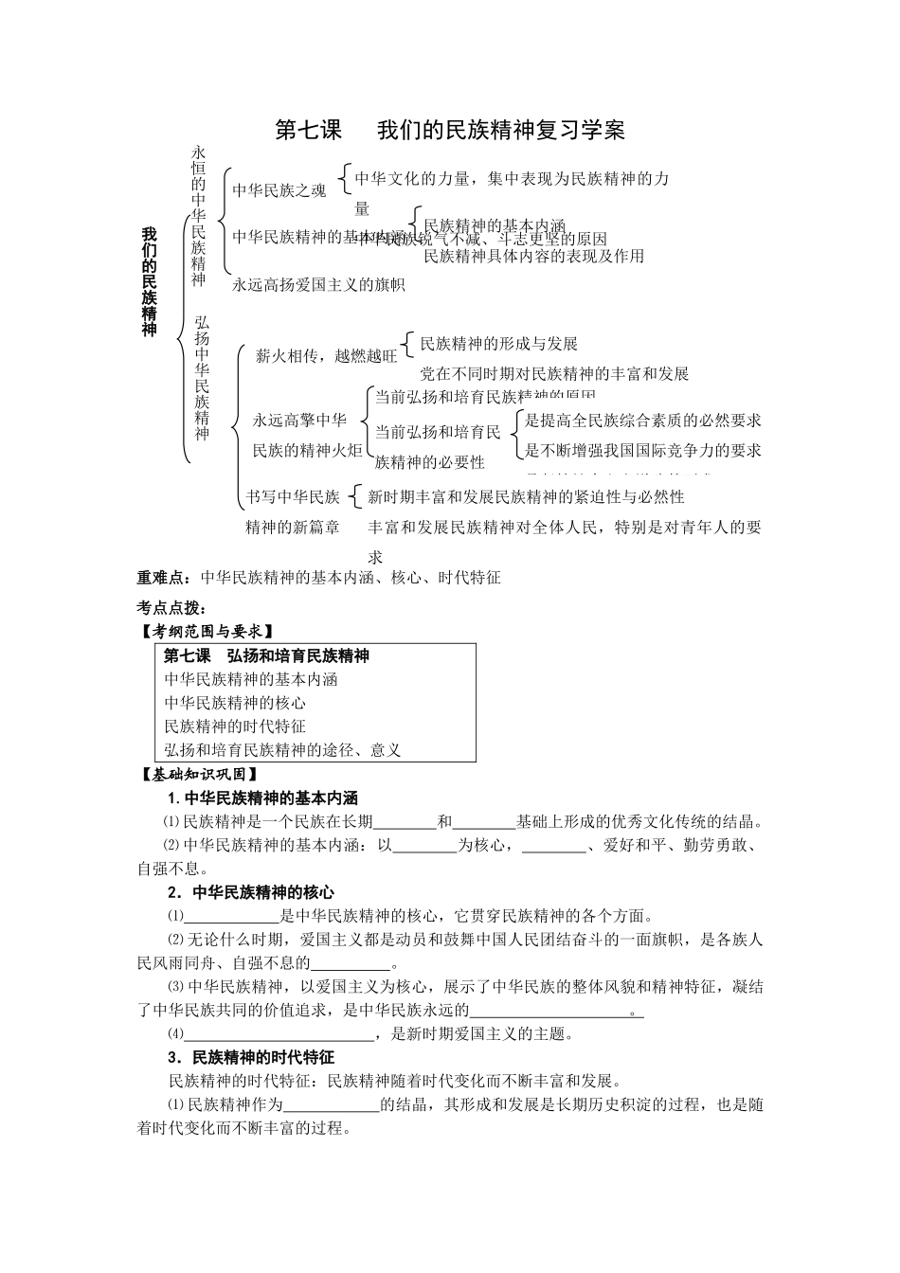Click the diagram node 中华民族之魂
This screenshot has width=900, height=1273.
279,189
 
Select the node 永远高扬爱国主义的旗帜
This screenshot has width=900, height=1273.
318,283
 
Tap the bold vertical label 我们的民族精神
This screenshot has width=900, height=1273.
149,281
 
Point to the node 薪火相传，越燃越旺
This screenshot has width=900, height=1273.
327,356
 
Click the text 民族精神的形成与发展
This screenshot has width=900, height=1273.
498,344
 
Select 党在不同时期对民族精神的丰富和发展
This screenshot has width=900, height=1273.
554,373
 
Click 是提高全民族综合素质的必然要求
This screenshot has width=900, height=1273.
643,421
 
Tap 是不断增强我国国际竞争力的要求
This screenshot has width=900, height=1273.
643,450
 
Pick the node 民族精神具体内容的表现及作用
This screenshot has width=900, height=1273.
533,256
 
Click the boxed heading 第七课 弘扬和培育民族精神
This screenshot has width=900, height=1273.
266,655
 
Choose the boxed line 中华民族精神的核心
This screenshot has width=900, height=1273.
235,703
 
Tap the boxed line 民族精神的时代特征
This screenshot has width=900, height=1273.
235,726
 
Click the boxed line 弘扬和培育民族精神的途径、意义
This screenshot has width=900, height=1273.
282,750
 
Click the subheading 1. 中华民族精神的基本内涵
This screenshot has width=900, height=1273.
262,798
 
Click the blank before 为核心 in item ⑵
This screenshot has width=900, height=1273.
424,846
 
